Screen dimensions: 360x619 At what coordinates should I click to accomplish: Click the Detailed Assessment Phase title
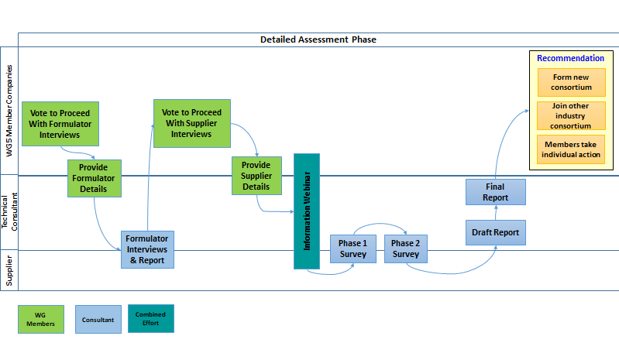click(318, 39)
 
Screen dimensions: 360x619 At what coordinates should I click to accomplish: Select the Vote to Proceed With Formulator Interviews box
click(60, 123)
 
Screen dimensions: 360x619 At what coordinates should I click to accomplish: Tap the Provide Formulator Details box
click(94, 178)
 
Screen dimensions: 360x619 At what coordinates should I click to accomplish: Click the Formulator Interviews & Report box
click(148, 249)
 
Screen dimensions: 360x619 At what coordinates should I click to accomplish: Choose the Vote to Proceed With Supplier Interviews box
click(191, 123)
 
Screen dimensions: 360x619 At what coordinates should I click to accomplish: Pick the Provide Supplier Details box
click(256, 176)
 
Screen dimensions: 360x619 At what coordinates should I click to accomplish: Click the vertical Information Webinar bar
click(307, 211)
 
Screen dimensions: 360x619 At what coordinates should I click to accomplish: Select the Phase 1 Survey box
click(352, 249)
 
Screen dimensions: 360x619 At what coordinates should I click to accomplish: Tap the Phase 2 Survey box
click(405, 249)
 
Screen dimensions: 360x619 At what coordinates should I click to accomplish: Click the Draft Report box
click(495, 232)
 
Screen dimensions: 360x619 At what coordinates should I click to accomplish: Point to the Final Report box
click(495, 192)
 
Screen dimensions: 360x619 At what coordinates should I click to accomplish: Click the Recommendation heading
click(570, 59)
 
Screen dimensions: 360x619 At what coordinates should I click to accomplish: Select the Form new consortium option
click(572, 82)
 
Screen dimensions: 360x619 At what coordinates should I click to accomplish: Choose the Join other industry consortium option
click(572, 115)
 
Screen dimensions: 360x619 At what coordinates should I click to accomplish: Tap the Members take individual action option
click(572, 149)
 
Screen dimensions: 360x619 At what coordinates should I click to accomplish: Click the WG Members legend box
click(40, 319)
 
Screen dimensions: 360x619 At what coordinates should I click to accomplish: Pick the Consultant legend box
click(98, 319)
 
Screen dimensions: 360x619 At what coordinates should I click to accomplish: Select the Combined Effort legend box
click(150, 319)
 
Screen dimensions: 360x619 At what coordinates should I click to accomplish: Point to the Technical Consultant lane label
click(9, 212)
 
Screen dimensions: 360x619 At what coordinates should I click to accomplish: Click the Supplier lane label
click(9, 270)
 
